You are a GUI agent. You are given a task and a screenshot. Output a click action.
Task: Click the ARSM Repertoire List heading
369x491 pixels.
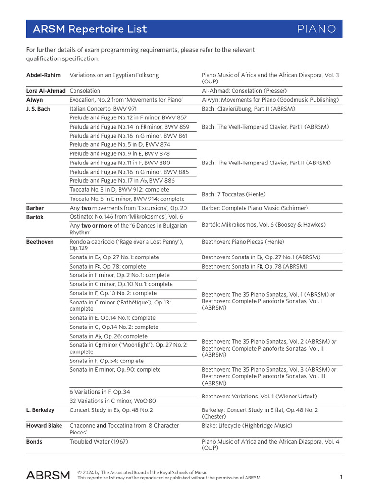pyautogui.click(x=89, y=29)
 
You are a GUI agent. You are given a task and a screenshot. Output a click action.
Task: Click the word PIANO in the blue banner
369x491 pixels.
pyautogui.click(x=317, y=29)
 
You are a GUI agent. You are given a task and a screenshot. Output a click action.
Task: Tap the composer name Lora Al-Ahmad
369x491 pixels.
pyautogui.click(x=46, y=91)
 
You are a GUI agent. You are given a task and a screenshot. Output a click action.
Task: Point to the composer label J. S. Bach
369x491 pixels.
pyautogui.click(x=38, y=109)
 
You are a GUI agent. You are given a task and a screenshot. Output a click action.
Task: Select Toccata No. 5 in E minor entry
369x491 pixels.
pyautogui.click(x=127, y=199)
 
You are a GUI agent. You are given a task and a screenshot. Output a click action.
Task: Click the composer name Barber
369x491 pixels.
pyautogui.click(x=35, y=208)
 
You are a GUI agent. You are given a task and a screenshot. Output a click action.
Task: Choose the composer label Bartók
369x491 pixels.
pyautogui.click(x=35, y=217)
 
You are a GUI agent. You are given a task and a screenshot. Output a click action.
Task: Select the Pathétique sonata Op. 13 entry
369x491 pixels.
pyautogui.click(x=120, y=306)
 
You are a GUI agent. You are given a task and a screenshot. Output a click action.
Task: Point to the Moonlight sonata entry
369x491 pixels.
pyautogui.click(x=128, y=348)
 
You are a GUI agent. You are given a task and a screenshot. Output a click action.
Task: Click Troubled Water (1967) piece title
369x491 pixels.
pyautogui.click(x=98, y=442)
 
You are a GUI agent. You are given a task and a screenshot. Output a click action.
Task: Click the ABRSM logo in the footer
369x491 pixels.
pyautogui.click(x=48, y=475)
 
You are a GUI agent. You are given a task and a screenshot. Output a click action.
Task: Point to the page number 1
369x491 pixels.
pyautogui.click(x=341, y=477)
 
